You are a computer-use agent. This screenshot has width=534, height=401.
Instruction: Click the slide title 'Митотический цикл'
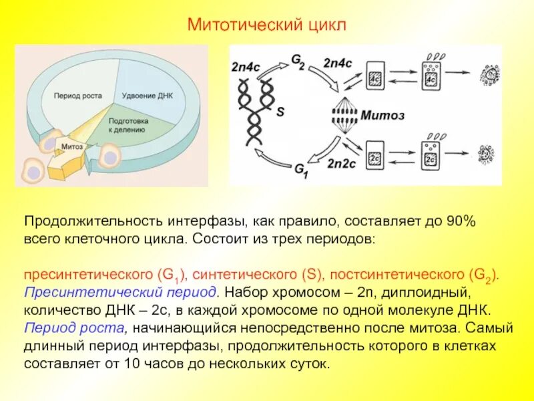(267, 25)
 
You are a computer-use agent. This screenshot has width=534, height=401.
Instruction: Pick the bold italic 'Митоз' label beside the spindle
(383, 114)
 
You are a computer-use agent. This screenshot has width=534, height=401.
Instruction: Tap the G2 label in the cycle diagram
(298, 61)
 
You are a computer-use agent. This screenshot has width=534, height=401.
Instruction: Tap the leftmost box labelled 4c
(375, 78)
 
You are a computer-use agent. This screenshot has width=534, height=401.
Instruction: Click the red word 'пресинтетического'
(88, 275)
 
